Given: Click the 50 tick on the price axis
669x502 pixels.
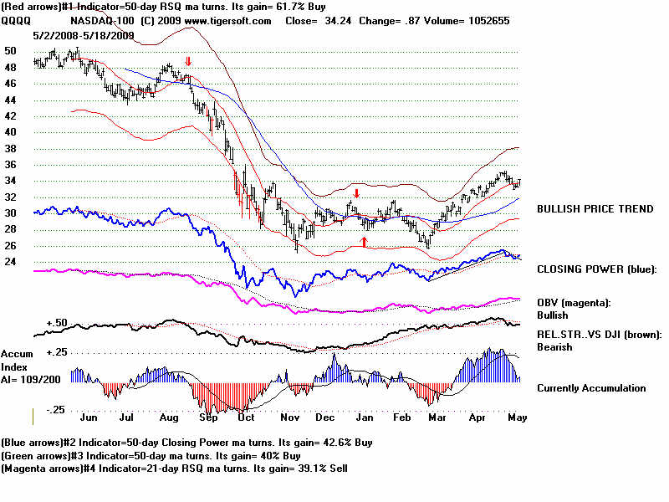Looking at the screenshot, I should tap(10, 50).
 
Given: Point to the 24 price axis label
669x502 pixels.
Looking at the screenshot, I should tap(10, 261).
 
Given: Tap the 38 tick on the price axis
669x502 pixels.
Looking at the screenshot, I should tap(10, 148).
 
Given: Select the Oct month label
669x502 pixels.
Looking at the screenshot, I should tap(245, 415).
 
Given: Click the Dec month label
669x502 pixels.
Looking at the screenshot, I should tap(326, 415).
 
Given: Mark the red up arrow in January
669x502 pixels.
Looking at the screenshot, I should tap(364, 241).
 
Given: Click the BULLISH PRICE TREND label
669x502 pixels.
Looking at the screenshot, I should tap(595, 208).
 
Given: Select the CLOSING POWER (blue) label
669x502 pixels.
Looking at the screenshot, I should tap(597, 269).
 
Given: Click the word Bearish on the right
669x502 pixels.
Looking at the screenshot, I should tap(554, 347).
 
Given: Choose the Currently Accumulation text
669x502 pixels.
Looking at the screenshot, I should tap(591, 388).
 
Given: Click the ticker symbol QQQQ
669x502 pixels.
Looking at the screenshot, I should tap(16, 21).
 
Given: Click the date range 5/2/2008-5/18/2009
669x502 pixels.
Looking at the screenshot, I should tap(83, 35).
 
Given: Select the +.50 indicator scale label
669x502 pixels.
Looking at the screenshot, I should tap(56, 322).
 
